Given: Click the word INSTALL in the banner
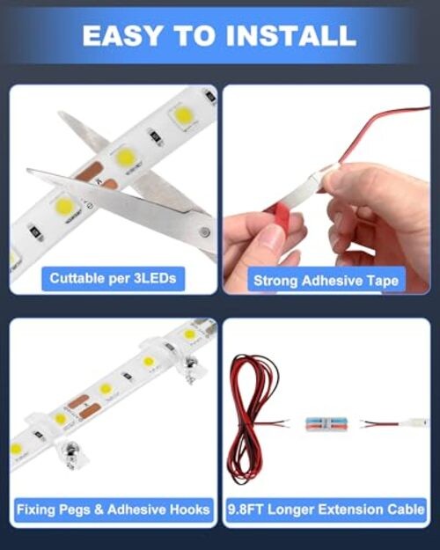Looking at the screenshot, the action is tap(291, 36).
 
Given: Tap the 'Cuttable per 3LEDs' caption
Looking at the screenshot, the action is tap(113, 278).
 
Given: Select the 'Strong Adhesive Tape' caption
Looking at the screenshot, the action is tap(326, 281).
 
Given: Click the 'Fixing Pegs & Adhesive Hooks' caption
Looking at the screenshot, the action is tap(113, 510).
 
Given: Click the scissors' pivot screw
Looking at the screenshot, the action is tap(204, 231).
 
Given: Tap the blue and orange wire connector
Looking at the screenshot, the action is tap(326, 424).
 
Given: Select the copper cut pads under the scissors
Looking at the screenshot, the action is tap(97, 176).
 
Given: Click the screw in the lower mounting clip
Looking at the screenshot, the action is tap(70, 455).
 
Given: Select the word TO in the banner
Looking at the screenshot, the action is tap(194, 36).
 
